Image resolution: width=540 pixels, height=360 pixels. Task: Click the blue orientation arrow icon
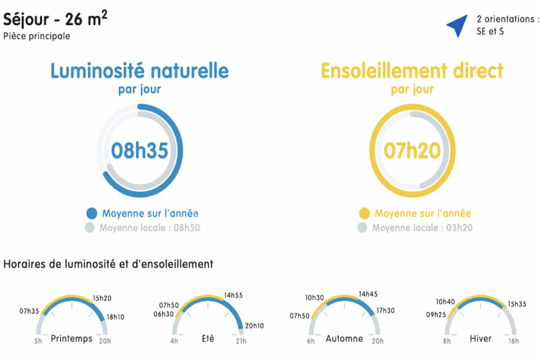(459, 25)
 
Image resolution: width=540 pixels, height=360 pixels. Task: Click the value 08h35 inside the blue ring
(139, 150)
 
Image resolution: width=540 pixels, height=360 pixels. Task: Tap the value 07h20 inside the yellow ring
(412, 150)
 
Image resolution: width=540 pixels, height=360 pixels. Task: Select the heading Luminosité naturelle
(139, 70)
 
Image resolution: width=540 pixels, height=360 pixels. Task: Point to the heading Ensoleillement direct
(412, 70)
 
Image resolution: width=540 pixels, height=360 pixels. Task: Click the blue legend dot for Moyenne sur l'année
(92, 213)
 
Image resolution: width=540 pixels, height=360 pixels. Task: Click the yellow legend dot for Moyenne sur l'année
(364, 213)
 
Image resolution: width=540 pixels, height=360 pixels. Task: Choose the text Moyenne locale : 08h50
(150, 228)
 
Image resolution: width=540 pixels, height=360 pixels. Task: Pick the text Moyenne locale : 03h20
(423, 228)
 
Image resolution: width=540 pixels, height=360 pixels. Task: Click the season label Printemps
(72, 339)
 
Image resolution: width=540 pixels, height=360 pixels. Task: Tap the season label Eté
(208, 338)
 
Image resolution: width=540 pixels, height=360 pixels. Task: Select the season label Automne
(344, 338)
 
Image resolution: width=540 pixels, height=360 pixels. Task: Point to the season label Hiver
(481, 338)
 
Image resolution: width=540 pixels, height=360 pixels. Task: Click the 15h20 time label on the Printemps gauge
(102, 298)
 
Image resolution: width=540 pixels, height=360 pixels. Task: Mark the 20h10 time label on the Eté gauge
(254, 326)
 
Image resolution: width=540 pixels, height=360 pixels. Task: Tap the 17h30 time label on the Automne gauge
(386, 310)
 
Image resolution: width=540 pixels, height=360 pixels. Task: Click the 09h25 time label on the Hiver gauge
(436, 315)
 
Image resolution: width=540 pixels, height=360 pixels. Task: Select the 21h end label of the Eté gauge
(241, 341)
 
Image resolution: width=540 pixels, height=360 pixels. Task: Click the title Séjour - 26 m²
(55, 18)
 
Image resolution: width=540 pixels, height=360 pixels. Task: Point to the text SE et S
(490, 31)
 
